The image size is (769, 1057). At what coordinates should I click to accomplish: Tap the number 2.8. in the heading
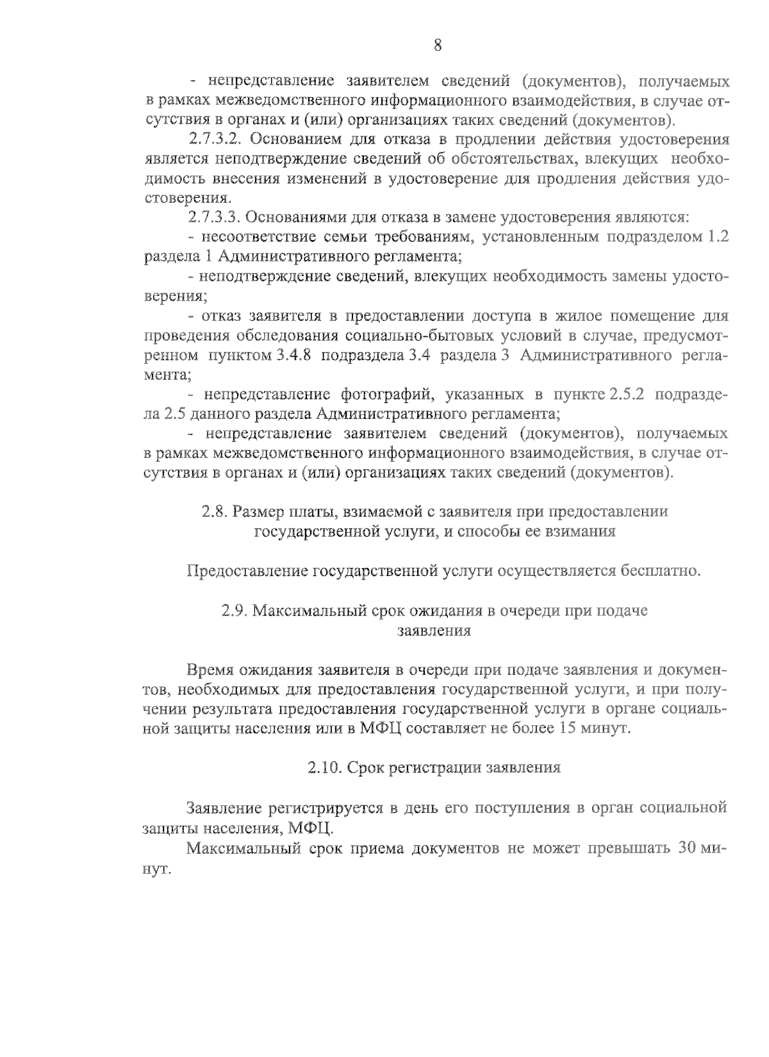tap(215, 512)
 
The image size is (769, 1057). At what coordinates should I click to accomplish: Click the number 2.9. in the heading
tap(234, 610)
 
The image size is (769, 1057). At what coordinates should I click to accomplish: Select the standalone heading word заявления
tap(434, 630)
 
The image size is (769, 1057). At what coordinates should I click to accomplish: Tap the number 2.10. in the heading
tap(325, 768)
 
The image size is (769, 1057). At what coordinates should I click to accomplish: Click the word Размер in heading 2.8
tap(260, 512)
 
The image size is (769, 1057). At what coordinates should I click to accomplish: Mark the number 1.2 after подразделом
tap(716, 237)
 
